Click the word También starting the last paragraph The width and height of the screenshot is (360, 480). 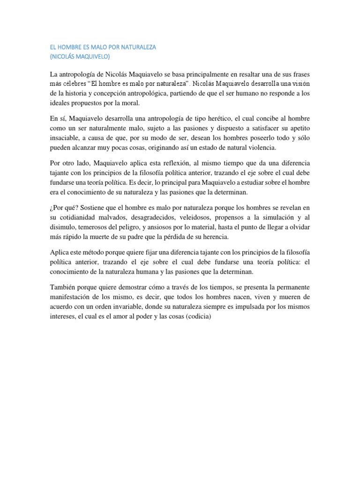(65, 286)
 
